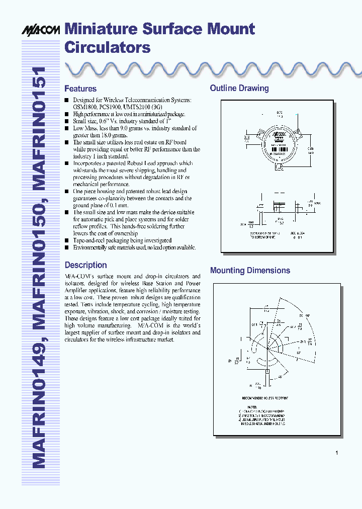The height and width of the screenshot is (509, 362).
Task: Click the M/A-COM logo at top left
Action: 40,31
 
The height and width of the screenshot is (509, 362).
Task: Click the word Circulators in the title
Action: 108,47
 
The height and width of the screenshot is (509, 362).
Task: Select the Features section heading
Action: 80,89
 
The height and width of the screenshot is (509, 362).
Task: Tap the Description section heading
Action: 85,265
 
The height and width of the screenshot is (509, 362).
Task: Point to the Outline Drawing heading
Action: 239,89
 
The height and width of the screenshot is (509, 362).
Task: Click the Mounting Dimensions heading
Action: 250,271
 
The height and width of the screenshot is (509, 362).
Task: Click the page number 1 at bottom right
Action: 336,453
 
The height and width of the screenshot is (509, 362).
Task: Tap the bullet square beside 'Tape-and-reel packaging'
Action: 67,240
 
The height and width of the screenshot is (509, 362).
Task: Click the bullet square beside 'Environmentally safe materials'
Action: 67,247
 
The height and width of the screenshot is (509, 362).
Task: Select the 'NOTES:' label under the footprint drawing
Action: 252,406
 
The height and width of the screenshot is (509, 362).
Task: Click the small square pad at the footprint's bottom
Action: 267,371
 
